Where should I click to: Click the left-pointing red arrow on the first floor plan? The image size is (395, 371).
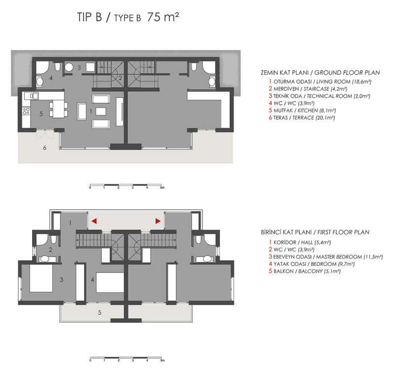pyautogui.click(x=93, y=221)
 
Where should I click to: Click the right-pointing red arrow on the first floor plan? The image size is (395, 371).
pyautogui.click(x=158, y=221)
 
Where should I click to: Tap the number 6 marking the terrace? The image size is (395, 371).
pyautogui.click(x=45, y=148)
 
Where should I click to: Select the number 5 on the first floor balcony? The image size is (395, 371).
pyautogui.click(x=99, y=312)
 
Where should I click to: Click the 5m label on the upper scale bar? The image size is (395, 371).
pyautogui.click(x=162, y=188)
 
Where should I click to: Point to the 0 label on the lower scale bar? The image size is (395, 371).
pyautogui.click(x=90, y=359)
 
